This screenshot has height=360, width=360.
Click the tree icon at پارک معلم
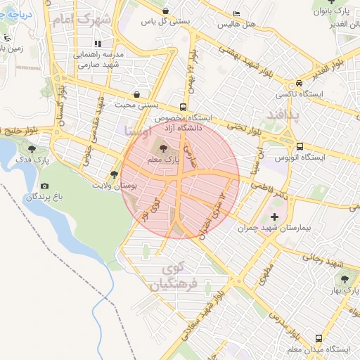click(164, 148)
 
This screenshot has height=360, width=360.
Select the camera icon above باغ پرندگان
click(45, 186)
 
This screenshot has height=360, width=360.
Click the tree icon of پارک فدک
click(32, 149)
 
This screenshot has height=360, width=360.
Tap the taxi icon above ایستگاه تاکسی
click(300, 82)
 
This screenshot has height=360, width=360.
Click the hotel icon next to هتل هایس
click(236, 13)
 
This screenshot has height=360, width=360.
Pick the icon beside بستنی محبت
click(136, 94)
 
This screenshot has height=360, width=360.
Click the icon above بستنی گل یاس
click(165, 11)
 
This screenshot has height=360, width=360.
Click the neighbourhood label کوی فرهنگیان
click(169, 276)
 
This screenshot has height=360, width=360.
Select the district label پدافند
click(282, 114)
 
